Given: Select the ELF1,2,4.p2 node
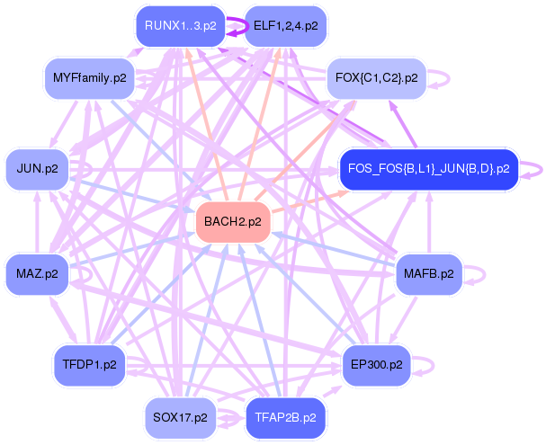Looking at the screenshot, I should [x=285, y=25].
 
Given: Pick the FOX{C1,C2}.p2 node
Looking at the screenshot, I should [x=375, y=78].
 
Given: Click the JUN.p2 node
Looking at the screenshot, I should [x=37, y=168].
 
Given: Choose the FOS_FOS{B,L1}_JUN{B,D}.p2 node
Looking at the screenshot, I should [x=428, y=168].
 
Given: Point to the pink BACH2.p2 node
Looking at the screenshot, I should [x=233, y=221].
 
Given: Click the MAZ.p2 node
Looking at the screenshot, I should [x=37, y=273].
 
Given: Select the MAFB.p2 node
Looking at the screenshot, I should [x=428, y=273].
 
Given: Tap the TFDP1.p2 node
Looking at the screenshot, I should [x=89, y=364].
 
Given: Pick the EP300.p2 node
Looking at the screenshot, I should [x=377, y=364].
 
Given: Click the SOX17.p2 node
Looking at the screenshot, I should [x=180, y=417].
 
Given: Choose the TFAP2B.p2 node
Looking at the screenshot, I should [x=284, y=417].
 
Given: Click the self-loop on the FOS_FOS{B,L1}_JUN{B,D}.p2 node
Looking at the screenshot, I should [x=534, y=168].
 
